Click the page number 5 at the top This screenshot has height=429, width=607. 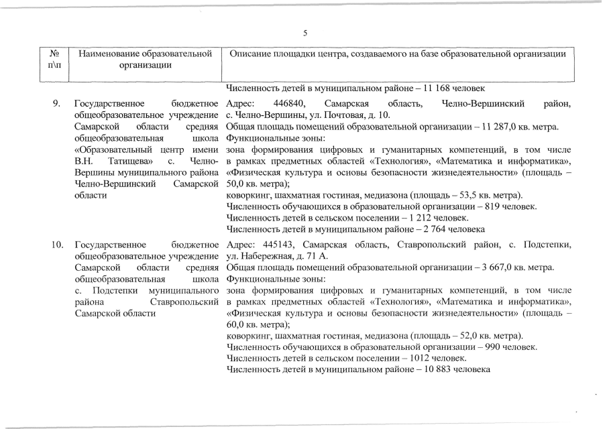tap(304, 33)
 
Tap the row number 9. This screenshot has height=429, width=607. tap(57, 104)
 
